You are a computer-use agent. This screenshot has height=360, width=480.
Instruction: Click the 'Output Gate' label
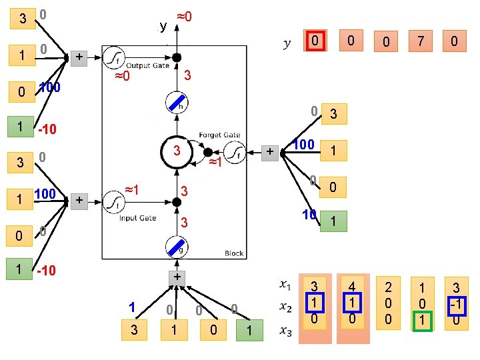147,66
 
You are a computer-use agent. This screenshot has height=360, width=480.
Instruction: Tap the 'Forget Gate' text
219,135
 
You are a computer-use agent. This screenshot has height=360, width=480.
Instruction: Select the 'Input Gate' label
139,218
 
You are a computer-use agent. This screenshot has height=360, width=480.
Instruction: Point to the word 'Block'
234,253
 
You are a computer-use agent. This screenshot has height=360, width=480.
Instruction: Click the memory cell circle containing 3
177,153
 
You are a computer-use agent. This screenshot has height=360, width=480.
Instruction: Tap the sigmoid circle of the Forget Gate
233,153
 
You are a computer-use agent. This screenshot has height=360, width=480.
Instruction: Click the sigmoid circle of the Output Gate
115,57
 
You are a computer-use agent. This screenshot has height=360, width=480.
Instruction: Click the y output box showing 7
419,41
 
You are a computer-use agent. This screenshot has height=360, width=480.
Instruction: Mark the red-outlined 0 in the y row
315,41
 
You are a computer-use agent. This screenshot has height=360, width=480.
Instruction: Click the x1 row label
285,285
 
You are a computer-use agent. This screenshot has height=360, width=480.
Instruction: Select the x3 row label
285,330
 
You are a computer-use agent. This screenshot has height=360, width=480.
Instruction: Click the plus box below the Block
177,276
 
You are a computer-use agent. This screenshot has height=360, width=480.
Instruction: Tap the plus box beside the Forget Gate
270,153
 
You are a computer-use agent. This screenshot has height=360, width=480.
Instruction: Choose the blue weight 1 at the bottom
132,307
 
